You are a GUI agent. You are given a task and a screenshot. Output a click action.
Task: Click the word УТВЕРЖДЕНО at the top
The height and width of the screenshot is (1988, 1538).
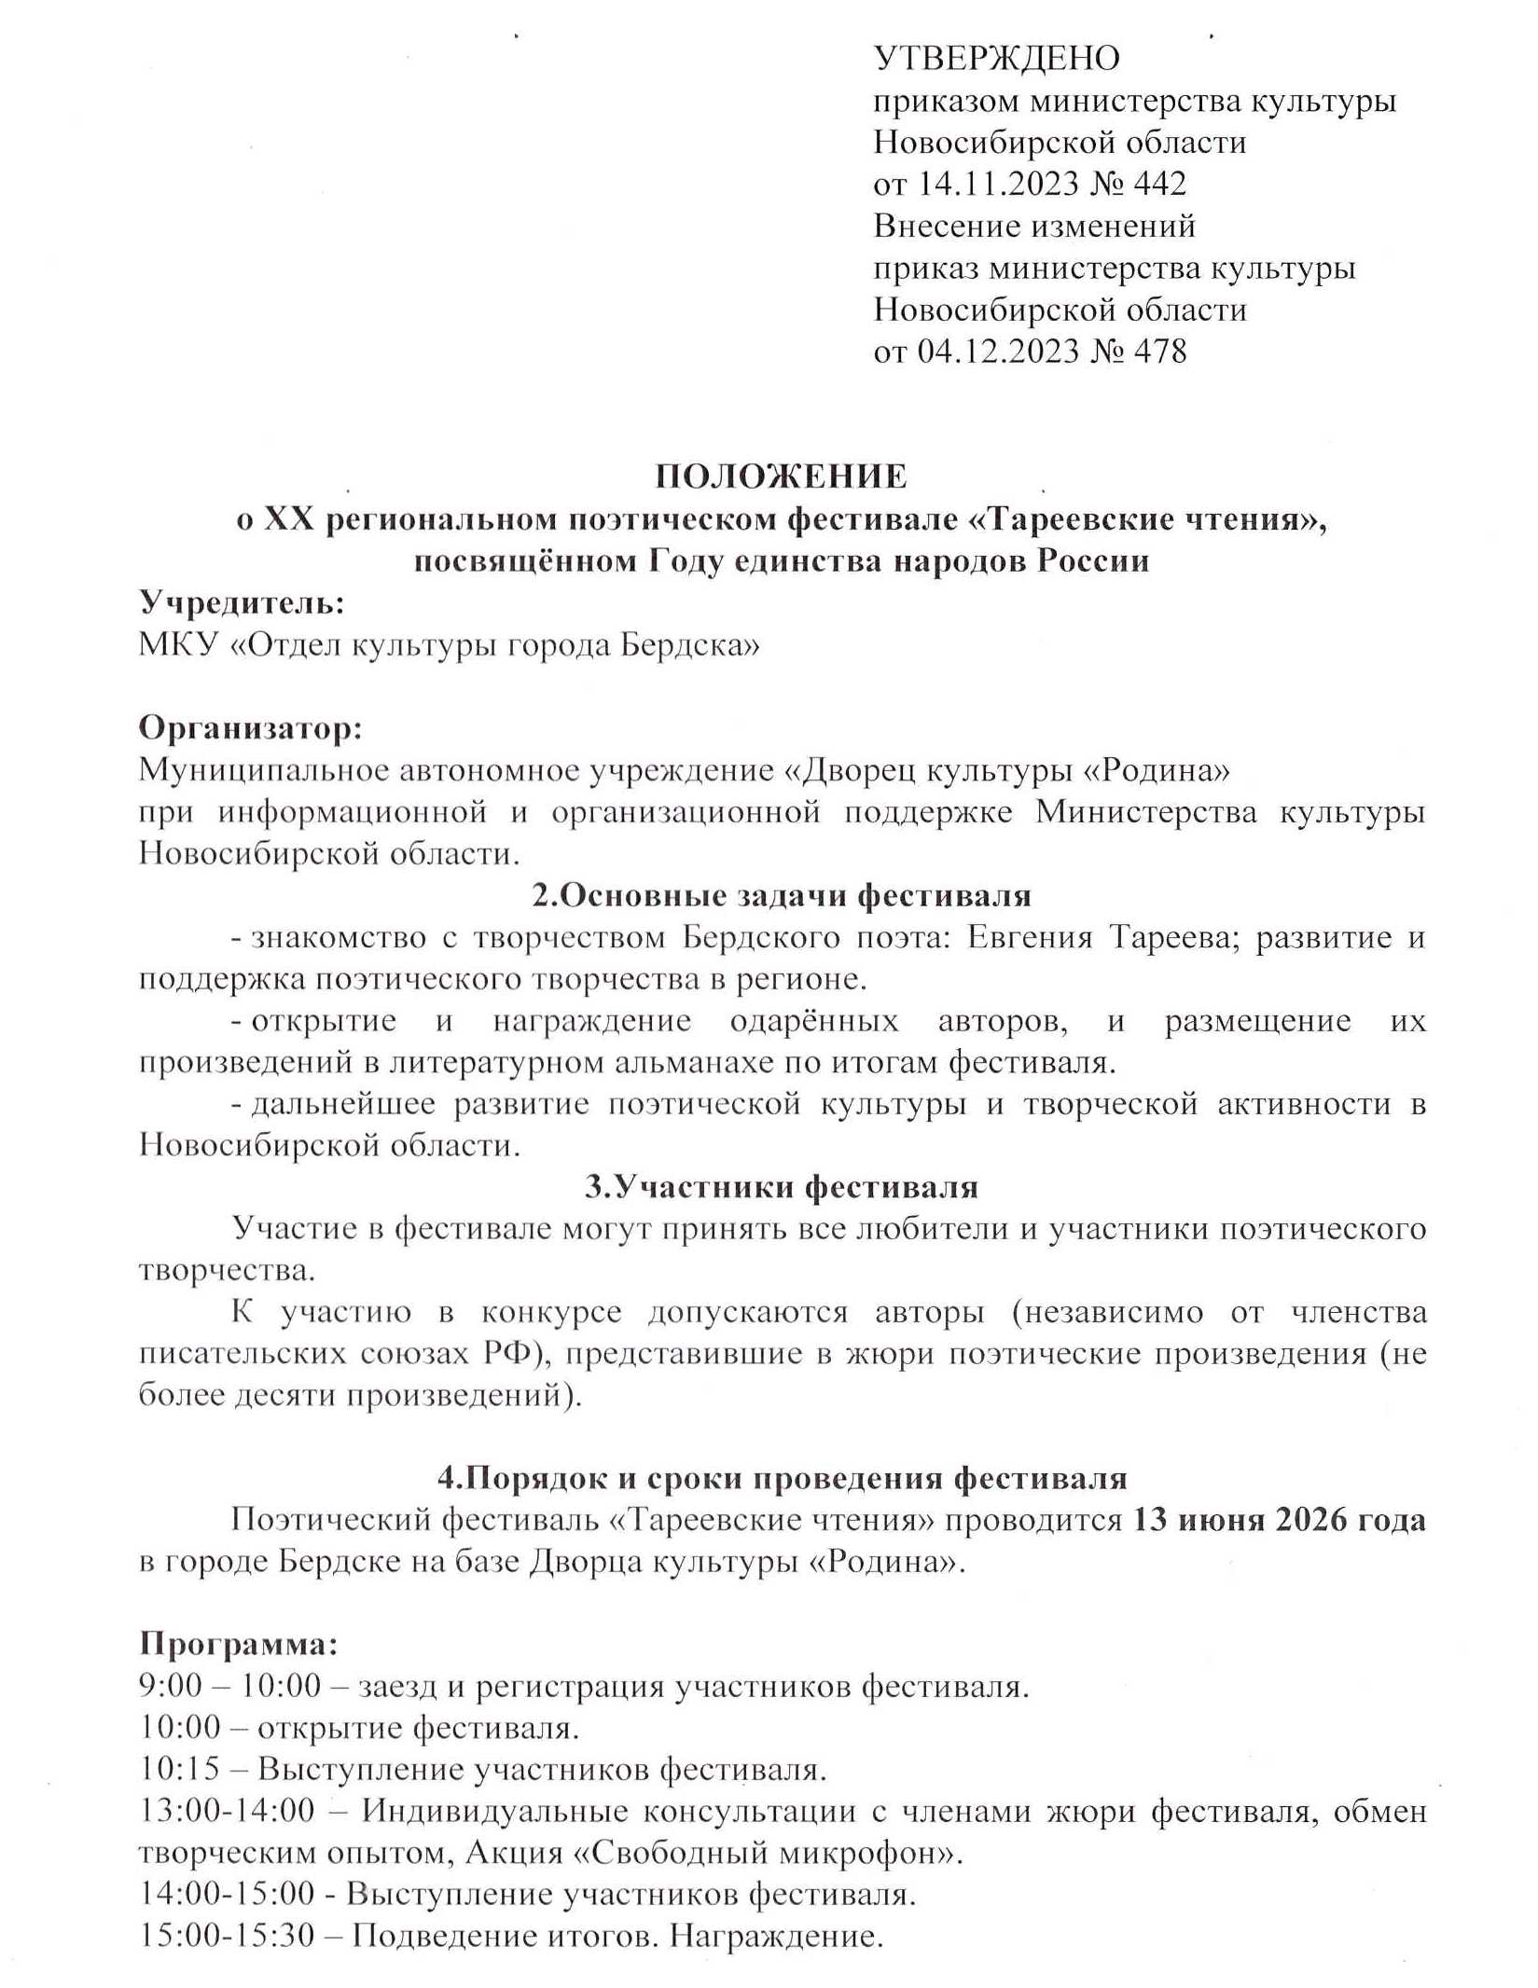[x=996, y=59]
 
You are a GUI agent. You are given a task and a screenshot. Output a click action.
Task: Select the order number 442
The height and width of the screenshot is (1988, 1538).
[x=1159, y=184]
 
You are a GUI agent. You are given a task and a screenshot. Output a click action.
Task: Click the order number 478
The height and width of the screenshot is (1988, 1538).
[x=1159, y=352]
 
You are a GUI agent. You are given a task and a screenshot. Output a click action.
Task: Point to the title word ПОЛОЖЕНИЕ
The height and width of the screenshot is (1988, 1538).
[x=781, y=476]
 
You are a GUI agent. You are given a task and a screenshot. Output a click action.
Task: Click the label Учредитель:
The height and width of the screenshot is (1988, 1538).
[x=242, y=603]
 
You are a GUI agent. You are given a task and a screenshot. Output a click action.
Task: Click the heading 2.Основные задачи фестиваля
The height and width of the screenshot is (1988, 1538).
[x=782, y=895]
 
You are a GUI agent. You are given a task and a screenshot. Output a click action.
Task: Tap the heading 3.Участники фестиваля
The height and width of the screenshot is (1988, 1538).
[x=782, y=1187]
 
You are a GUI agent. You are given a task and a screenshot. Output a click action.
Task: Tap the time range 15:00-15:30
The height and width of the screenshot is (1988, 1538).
[x=227, y=1937]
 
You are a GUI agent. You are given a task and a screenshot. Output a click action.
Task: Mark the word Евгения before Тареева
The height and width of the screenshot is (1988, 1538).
[x=1029, y=937]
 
